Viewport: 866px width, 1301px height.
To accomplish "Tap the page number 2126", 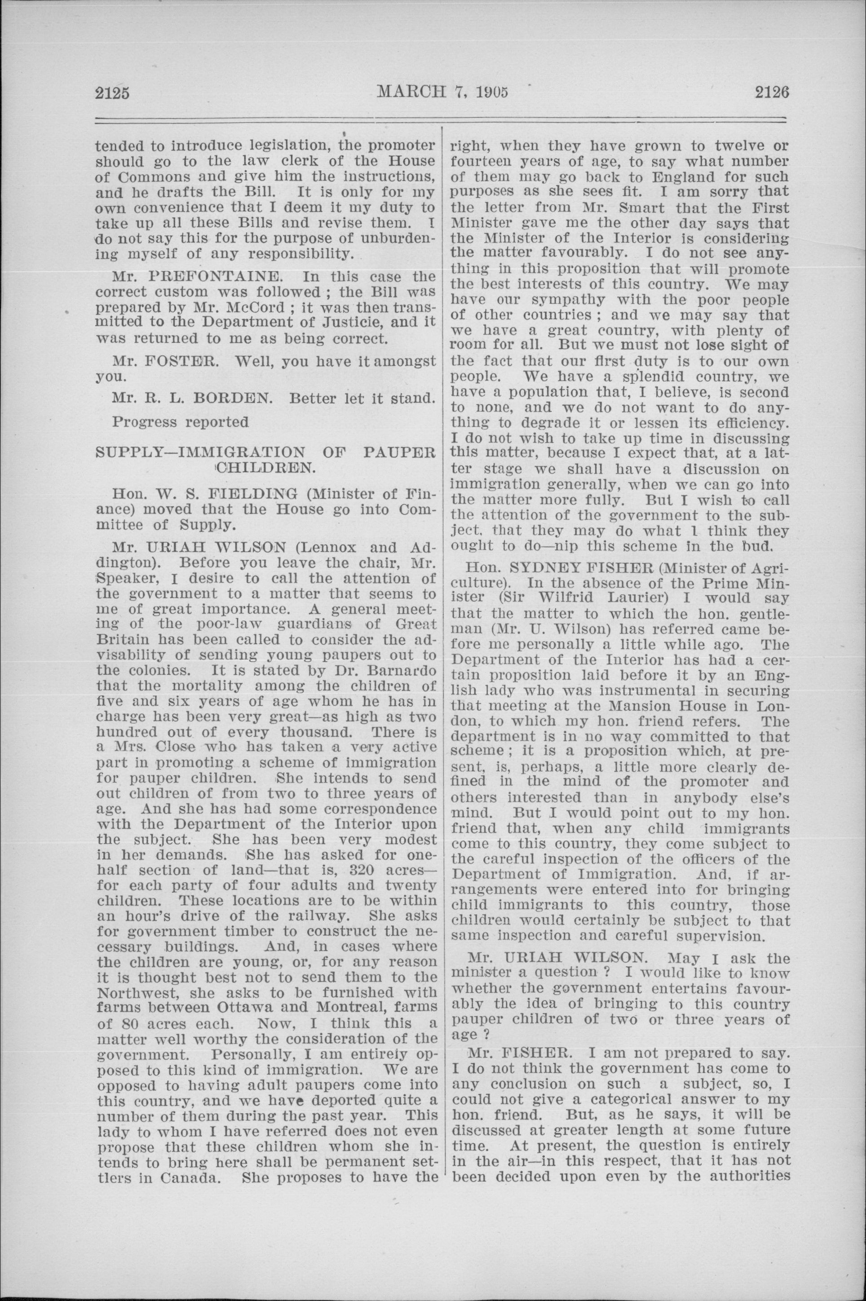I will click(x=772, y=92).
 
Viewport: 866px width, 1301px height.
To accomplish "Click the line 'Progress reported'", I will click(x=180, y=422).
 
